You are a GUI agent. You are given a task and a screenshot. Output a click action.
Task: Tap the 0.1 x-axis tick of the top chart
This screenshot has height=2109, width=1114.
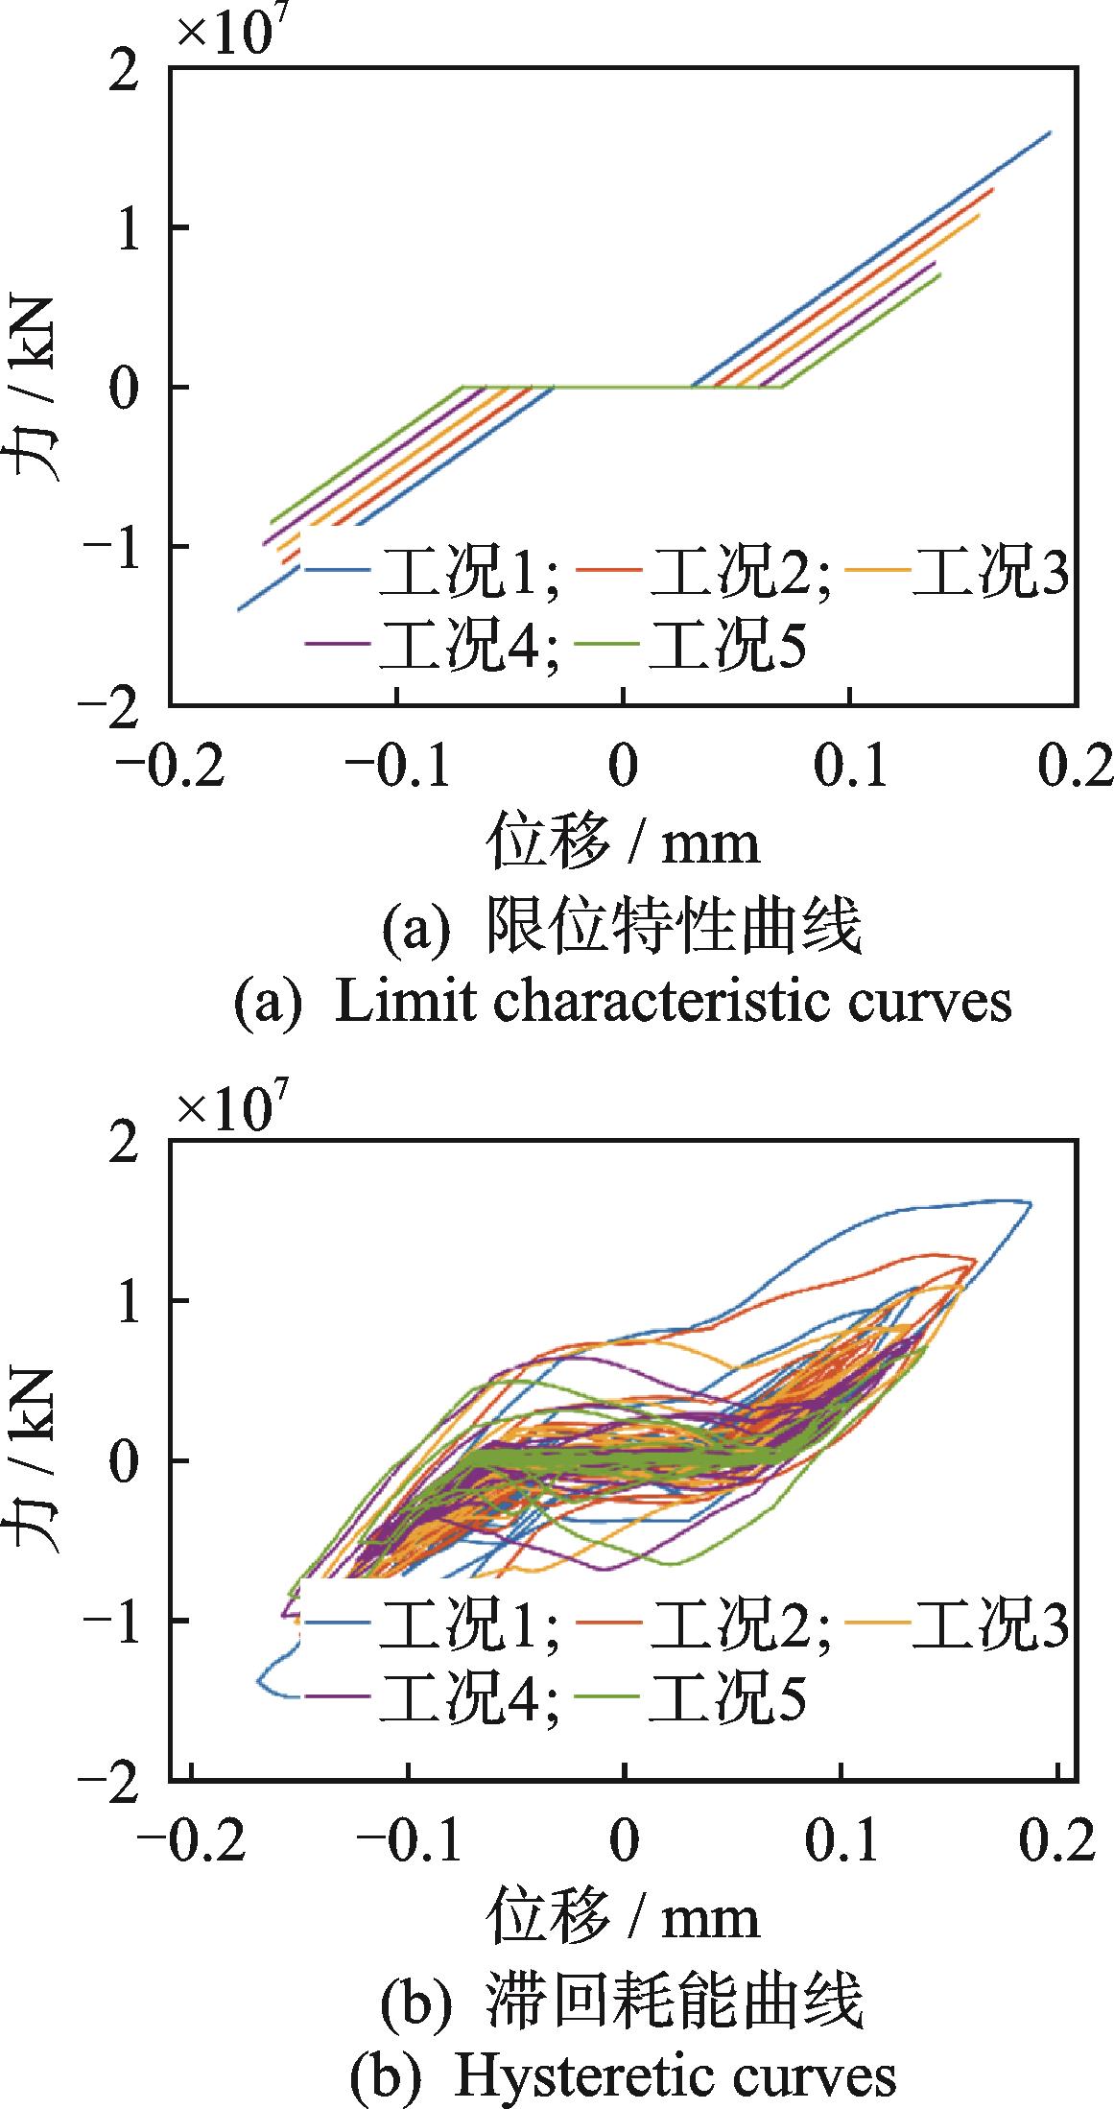coord(849,768)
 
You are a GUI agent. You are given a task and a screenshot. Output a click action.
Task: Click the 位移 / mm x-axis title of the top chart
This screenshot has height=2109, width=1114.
coord(624,841)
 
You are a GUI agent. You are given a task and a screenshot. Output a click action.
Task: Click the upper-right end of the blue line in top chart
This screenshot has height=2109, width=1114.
coord(1051,132)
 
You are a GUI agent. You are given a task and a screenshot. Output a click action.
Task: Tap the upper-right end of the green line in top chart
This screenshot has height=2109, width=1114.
coord(940,274)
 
